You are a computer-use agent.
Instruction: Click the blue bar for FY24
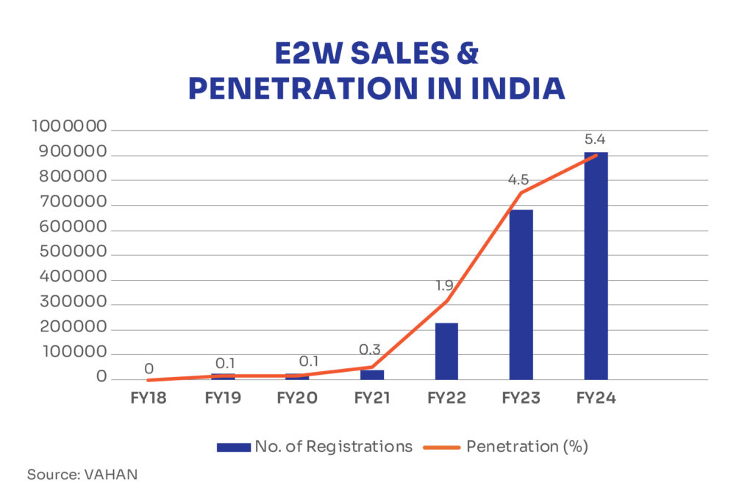pyautogui.click(x=596, y=266)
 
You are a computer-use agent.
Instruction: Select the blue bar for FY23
pyautogui.click(x=521, y=295)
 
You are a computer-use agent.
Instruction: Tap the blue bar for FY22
pyautogui.click(x=446, y=351)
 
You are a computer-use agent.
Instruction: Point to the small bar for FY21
pyautogui.click(x=372, y=375)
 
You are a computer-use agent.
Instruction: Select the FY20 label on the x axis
pyautogui.click(x=297, y=398)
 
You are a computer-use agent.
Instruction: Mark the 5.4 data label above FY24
pyautogui.click(x=596, y=139)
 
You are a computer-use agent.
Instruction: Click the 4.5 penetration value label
pyautogui.click(x=518, y=179)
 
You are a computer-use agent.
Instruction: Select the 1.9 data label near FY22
pyautogui.click(x=444, y=286)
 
